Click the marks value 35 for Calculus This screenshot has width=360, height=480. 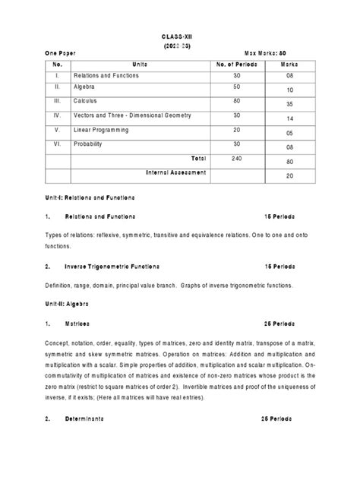tap(289, 105)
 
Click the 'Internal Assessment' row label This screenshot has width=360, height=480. tap(176, 172)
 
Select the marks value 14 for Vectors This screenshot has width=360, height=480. tap(289, 118)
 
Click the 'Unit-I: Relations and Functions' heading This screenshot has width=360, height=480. tap(90, 197)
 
